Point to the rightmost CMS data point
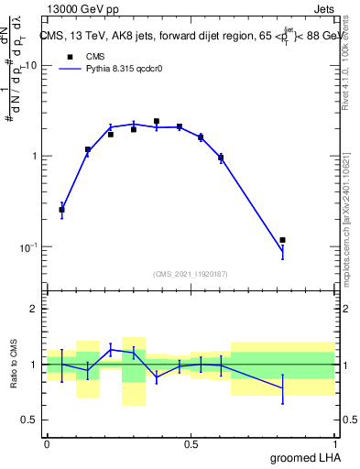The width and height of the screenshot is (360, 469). coord(282,240)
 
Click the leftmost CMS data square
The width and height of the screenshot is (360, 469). coord(61,210)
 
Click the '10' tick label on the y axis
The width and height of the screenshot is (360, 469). coord(30,66)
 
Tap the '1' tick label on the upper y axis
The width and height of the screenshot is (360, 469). coord(34,157)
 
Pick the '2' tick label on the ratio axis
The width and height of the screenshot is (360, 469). coord(34,310)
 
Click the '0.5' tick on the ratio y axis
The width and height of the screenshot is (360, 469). coord(28,420)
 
